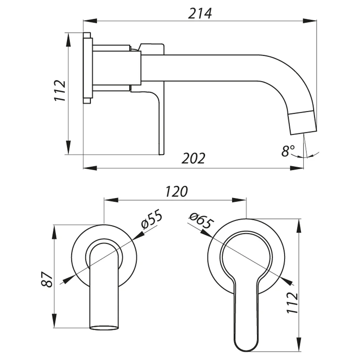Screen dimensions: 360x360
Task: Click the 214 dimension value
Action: click(200, 14)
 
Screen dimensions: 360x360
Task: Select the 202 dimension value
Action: click(193, 158)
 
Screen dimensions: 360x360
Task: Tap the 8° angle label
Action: click(288, 151)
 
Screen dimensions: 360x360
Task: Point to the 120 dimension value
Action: click(176, 192)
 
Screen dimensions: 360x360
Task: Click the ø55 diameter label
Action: click(152, 219)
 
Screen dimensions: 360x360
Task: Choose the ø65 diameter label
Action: click(201, 221)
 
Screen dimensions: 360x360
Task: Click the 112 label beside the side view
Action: click(60, 90)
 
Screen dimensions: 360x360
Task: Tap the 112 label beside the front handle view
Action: click(292, 303)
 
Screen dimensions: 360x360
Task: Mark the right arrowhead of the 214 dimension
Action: click(310, 21)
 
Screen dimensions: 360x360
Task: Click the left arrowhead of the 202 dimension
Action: click(90, 168)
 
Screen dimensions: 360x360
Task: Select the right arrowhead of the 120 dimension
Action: click(239, 200)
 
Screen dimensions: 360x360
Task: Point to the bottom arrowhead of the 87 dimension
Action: click(55, 320)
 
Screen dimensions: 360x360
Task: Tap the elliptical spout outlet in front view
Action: click(104, 328)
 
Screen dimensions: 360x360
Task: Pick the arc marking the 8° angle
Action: click(305, 156)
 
